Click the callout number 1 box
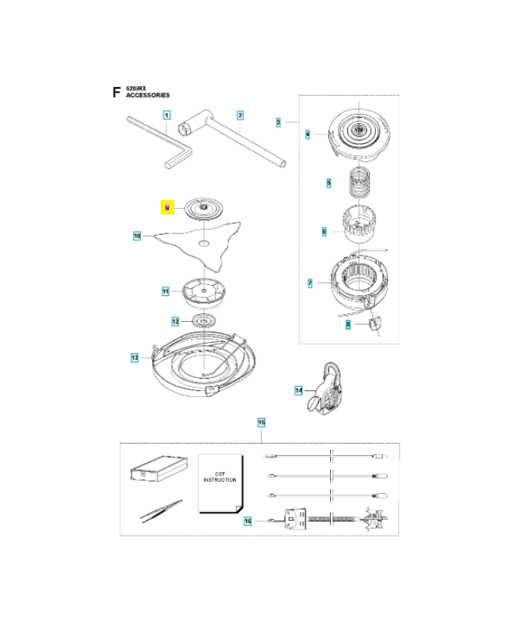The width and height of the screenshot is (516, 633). click(167, 116)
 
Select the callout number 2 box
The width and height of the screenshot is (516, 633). click(240, 116)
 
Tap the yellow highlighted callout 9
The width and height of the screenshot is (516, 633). click(167, 207)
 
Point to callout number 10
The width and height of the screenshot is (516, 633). click(137, 235)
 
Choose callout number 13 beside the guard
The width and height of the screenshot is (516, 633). click(135, 358)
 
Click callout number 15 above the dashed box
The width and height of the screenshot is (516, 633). click(261, 423)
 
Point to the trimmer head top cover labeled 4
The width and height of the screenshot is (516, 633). click(360, 131)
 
